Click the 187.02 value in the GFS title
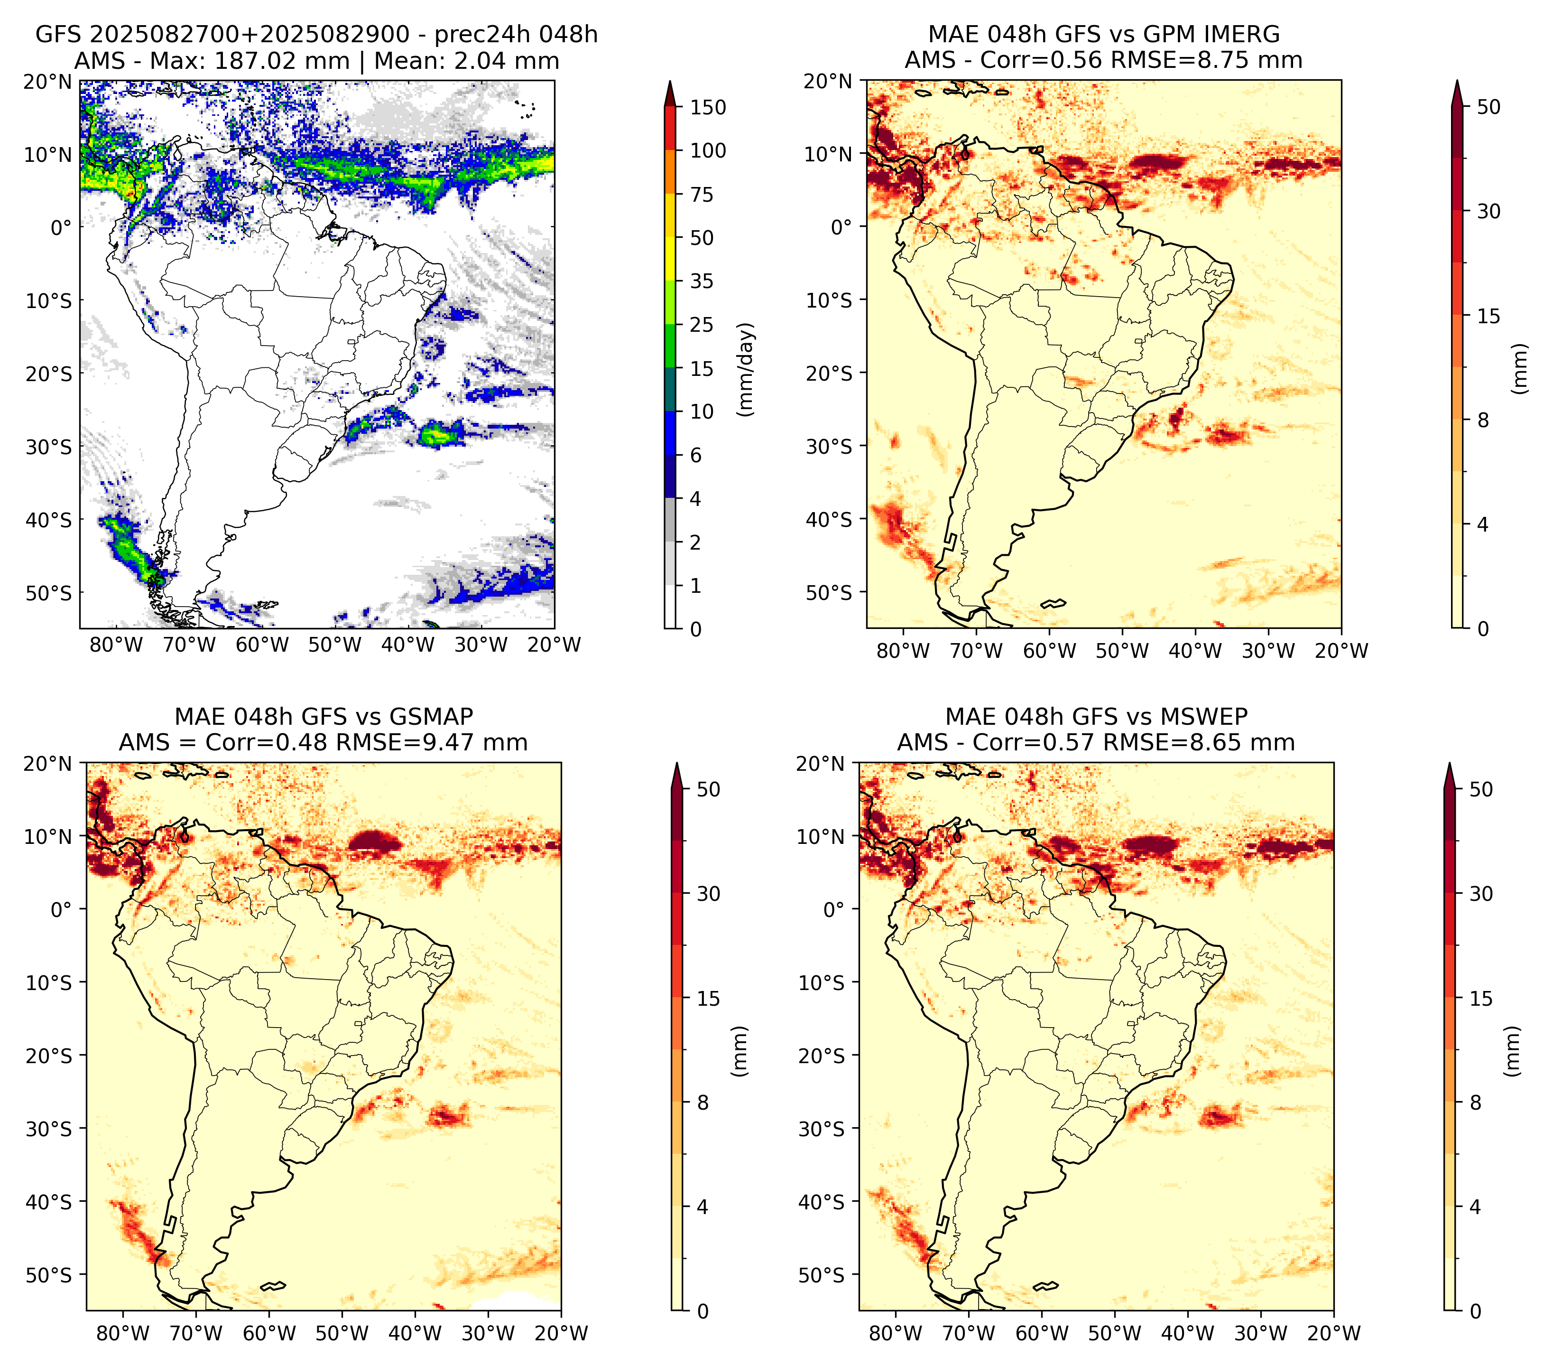251,61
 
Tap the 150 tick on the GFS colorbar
708,107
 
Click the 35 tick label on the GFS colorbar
702,281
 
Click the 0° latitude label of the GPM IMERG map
842,226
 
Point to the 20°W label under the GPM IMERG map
1342,651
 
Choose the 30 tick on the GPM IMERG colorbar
1488,211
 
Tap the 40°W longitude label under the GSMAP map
415,1334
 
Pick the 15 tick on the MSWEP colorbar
1481,999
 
